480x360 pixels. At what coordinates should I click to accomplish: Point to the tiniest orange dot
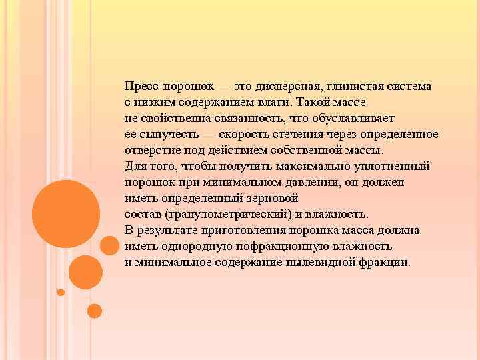pyautogui.click(x=61, y=292)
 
